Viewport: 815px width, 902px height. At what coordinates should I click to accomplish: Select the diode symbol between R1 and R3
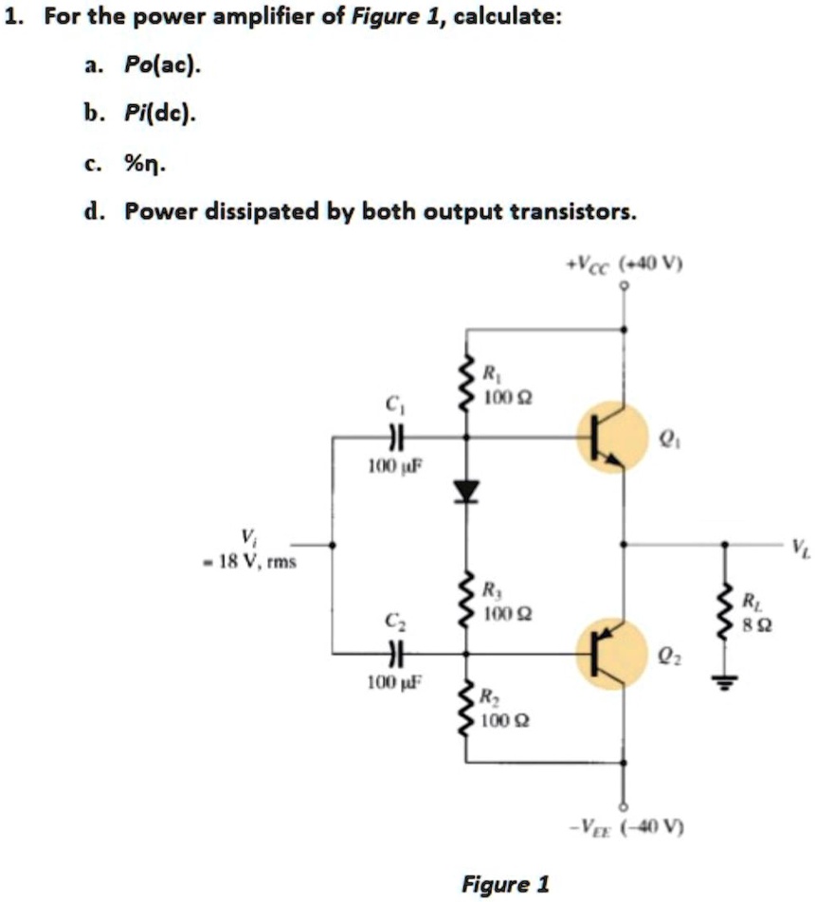[x=465, y=489]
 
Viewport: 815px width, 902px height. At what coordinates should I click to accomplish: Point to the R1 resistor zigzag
[x=465, y=384]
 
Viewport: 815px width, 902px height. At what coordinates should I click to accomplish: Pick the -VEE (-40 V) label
[x=623, y=826]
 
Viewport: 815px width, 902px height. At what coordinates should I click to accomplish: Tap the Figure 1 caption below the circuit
[x=504, y=884]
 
